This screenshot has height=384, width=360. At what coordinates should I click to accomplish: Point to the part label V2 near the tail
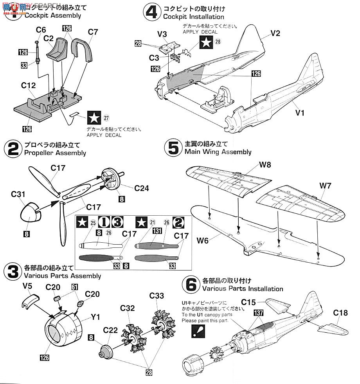[x=275, y=34]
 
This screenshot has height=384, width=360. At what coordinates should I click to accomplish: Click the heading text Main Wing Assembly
[x=218, y=152]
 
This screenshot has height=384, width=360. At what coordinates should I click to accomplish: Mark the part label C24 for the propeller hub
[x=141, y=188]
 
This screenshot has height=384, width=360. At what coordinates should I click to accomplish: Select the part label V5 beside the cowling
[x=26, y=286]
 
